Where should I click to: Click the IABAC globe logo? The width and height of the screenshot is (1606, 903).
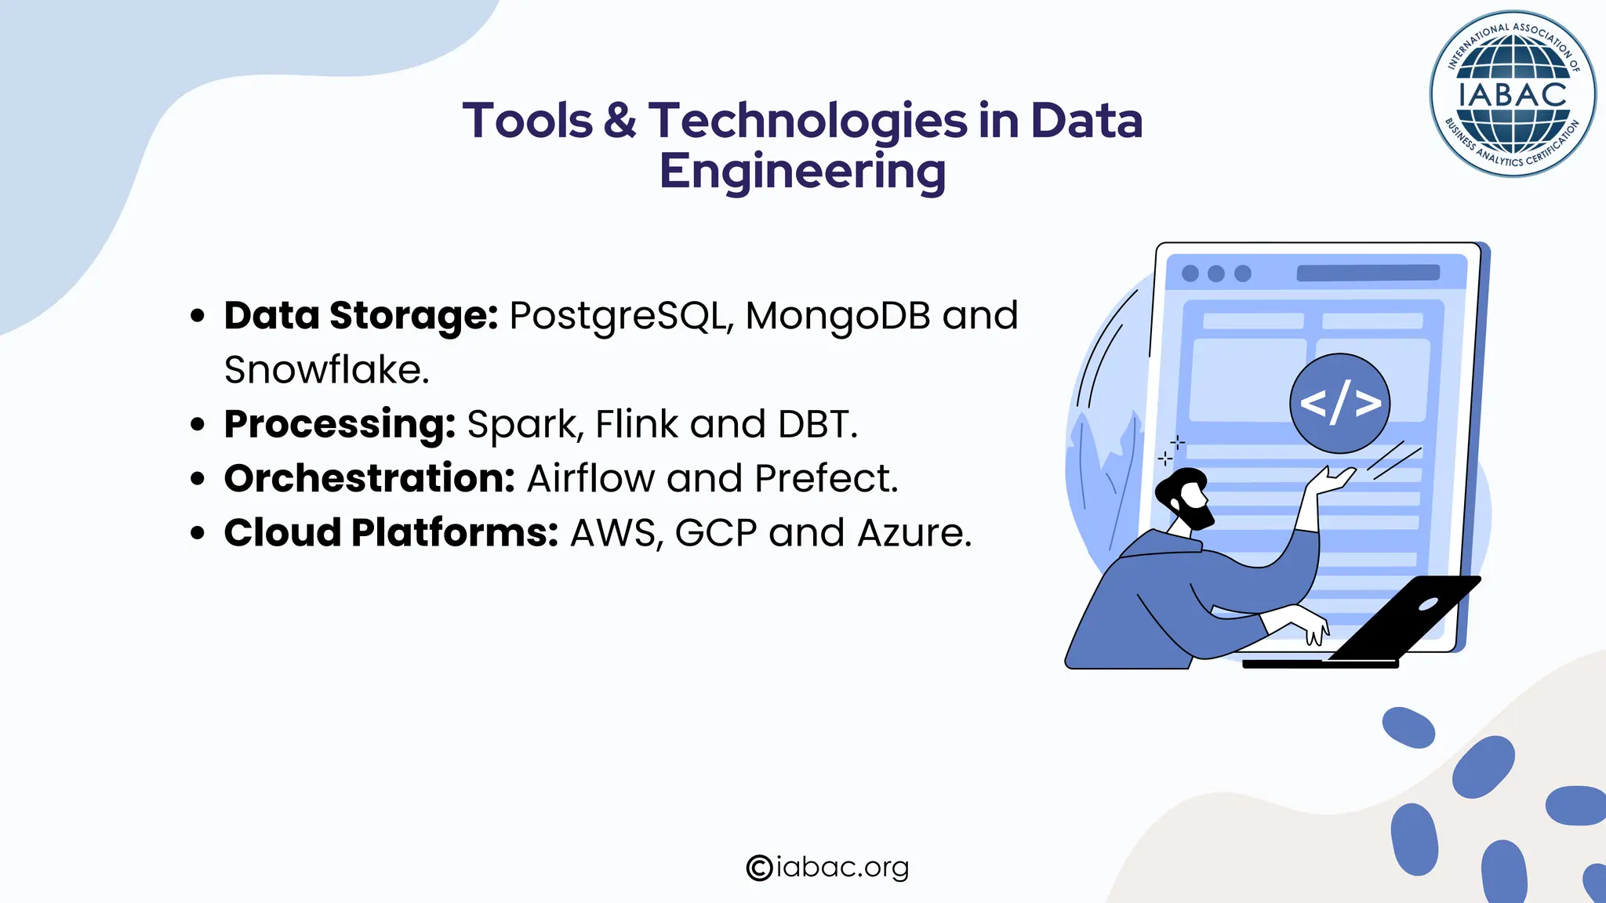coord(1513,94)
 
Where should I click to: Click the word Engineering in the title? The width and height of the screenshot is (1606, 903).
coord(802,172)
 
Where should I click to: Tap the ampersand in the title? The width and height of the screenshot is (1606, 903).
coord(620,121)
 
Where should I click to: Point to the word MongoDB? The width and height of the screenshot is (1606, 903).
coord(838,315)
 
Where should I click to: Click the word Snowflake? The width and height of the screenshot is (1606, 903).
coord(325,369)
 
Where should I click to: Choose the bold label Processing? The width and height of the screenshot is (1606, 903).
coord(340,424)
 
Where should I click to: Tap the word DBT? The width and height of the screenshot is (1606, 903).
coord(816,424)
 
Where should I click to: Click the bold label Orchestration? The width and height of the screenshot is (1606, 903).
coord(369,478)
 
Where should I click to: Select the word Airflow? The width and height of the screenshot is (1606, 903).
coord(590,478)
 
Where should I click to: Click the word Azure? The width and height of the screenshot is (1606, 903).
coord(914,533)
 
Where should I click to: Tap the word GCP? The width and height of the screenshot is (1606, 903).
coord(715,533)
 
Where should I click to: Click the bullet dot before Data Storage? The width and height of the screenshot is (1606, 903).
coord(198,316)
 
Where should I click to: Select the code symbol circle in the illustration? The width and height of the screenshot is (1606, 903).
coord(1339,404)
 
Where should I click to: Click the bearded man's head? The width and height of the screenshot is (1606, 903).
coord(1185,499)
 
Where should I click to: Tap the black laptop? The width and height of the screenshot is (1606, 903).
coord(1404,618)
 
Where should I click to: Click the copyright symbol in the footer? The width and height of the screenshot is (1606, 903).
coord(759,868)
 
